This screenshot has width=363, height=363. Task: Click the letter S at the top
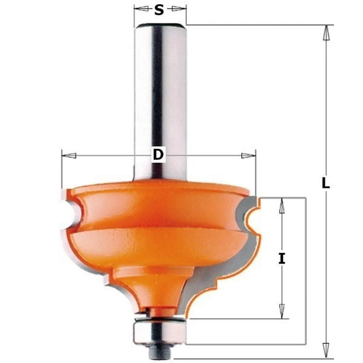pyautogui.click(x=159, y=10)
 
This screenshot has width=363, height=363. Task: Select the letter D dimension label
pyautogui.click(x=157, y=155)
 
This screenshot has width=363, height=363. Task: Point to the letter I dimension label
pyautogui.click(x=282, y=259)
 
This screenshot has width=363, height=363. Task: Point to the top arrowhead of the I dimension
pyautogui.click(x=282, y=206)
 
